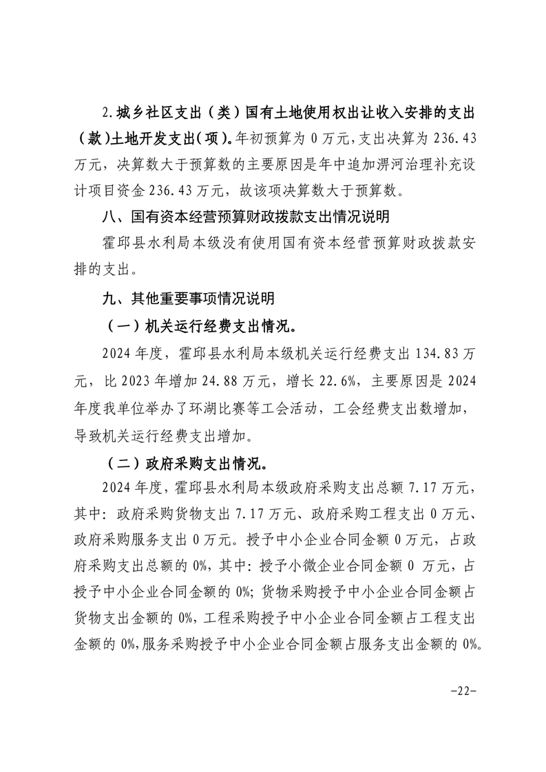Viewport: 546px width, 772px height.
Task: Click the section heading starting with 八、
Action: point(244,217)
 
